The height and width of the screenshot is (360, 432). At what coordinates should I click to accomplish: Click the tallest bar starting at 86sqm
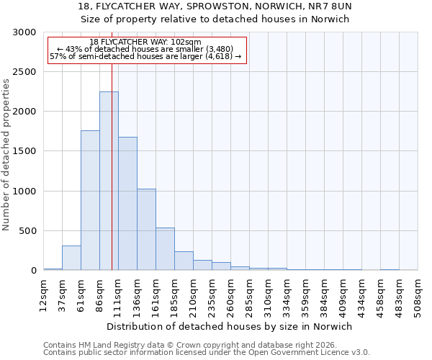(x=109, y=181)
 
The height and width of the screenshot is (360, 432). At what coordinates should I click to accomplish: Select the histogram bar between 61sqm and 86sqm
(x=90, y=200)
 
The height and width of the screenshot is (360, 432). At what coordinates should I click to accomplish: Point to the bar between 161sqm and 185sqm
(x=165, y=249)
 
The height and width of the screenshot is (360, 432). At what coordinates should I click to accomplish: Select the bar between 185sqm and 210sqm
(x=184, y=261)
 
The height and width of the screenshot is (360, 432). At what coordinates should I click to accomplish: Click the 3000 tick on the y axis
(x=24, y=32)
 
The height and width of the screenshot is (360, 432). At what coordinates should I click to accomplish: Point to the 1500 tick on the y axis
(x=24, y=152)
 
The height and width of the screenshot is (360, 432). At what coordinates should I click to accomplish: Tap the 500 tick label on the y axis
(x=27, y=231)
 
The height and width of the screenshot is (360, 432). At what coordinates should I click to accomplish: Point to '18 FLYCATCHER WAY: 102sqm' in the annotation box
(x=146, y=42)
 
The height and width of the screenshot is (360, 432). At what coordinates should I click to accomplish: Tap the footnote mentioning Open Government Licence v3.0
(x=207, y=352)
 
